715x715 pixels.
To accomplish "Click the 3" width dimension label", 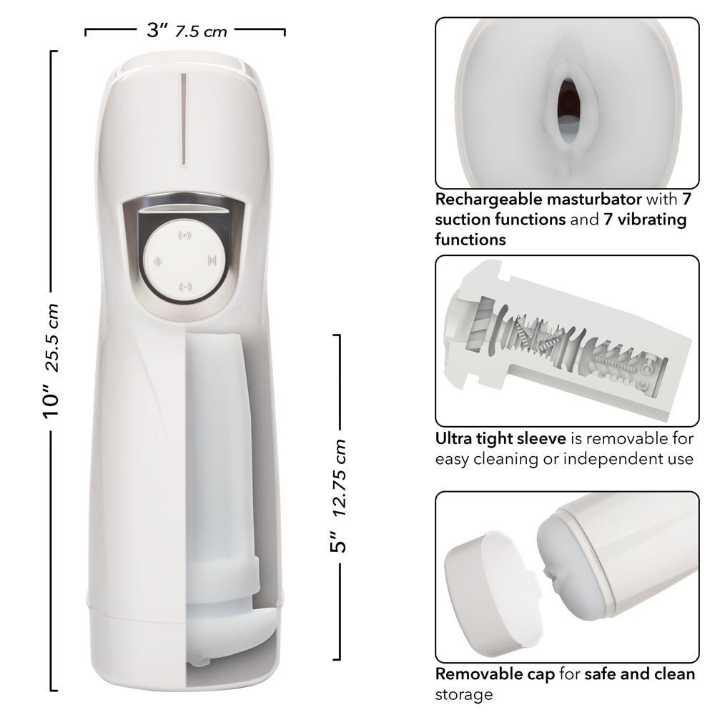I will (157, 31).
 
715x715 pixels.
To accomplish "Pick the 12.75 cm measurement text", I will (341, 478).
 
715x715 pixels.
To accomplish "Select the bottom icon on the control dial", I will (184, 287).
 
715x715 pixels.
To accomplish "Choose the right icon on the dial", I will (212, 260).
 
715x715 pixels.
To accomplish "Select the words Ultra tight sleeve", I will (500, 438).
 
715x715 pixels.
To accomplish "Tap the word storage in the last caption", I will (464, 694).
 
